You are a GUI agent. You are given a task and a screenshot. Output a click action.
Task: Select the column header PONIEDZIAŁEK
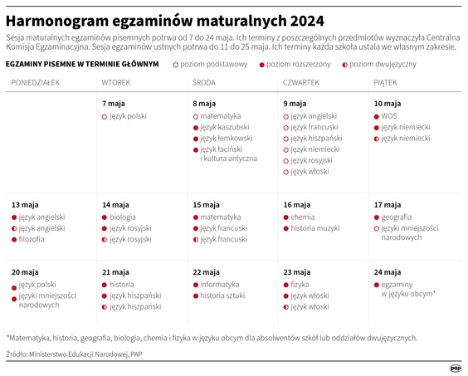(x=36, y=83)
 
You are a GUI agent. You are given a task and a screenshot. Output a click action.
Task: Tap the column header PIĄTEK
(x=386, y=83)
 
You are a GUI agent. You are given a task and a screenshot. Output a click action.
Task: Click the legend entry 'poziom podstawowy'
(x=212, y=64)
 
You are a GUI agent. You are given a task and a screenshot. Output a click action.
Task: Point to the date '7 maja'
(x=114, y=103)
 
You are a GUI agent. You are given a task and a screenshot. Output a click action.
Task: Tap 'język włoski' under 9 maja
(x=310, y=172)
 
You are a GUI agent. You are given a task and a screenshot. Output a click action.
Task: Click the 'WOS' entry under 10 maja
(x=388, y=116)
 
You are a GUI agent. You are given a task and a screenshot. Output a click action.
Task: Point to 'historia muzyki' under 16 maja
(x=315, y=228)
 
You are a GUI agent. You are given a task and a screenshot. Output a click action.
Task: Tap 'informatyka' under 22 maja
(x=220, y=285)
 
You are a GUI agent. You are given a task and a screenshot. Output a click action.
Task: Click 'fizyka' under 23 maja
(x=300, y=285)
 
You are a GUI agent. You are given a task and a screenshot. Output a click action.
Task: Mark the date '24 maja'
(x=387, y=271)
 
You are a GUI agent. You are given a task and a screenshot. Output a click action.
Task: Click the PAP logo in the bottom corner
(x=455, y=366)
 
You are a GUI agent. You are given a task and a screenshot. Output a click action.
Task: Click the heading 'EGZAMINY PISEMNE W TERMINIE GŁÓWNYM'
(x=82, y=64)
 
